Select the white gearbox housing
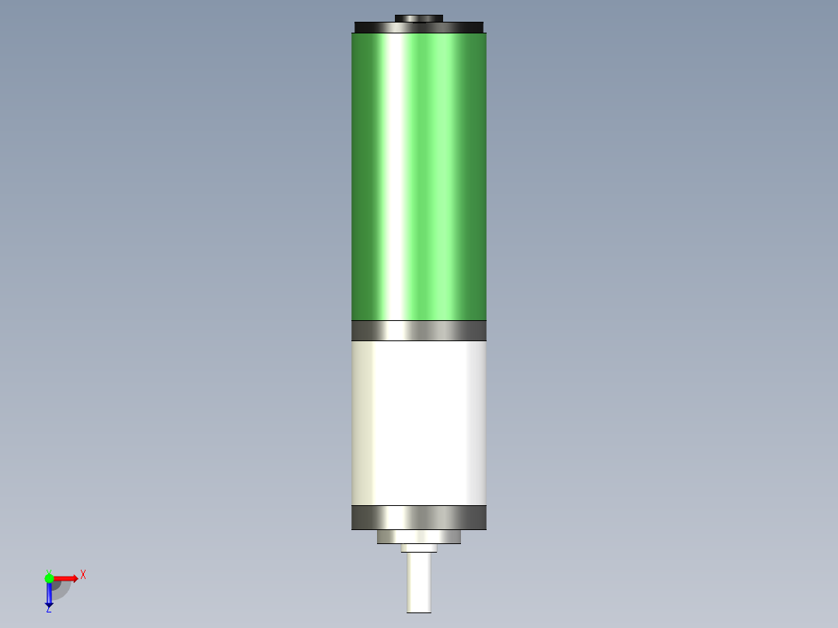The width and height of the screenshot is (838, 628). point(418,424)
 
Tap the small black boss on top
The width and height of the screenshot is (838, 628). point(418,18)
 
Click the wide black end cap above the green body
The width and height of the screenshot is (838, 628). point(418,28)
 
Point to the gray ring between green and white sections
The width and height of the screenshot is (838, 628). point(418,330)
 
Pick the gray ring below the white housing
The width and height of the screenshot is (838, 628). point(418,518)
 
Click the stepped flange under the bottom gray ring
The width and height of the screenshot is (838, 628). point(418,536)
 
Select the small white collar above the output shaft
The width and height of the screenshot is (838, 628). point(418,547)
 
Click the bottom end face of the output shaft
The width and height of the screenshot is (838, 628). point(418,612)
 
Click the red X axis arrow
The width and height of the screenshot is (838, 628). point(64,578)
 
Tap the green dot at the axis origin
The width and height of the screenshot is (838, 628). point(49,578)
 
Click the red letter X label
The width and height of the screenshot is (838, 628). point(83,575)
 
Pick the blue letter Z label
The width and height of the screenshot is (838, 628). point(48,610)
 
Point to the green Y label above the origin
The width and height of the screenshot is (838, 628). point(48,571)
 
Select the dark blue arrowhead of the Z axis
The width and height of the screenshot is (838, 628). point(49,603)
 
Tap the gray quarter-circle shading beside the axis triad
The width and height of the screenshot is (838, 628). point(61,590)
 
